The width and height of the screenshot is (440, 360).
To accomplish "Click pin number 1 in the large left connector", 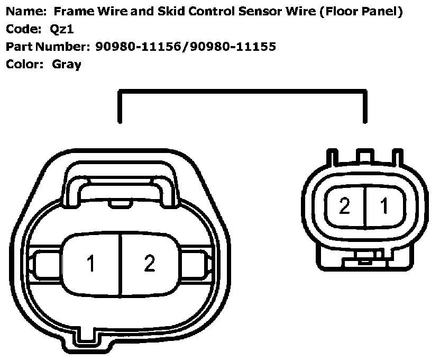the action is coord(91,263).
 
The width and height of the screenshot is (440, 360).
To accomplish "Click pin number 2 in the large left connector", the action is coord(150,263).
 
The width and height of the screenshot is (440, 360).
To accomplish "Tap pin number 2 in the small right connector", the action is coord(344,206).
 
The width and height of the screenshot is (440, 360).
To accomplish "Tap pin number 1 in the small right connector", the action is coord(385,206).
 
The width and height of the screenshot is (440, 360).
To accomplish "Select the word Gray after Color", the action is coord(67,65).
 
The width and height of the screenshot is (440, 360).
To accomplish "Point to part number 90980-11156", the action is coord(139,47).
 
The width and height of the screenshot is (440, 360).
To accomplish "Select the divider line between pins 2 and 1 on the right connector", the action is coord(364,206).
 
